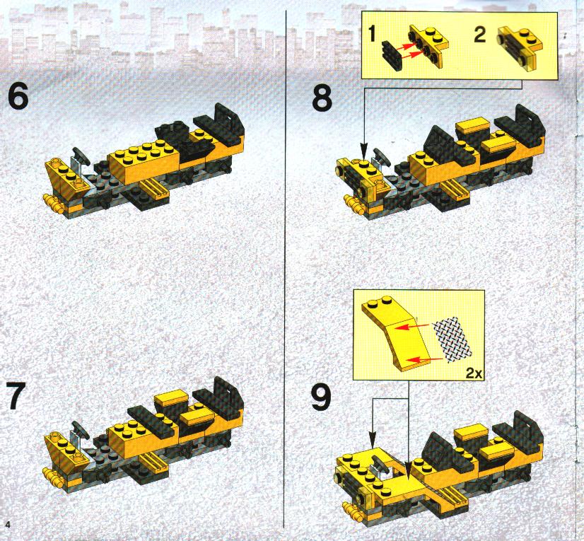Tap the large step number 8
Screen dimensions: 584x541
click(x=322, y=98)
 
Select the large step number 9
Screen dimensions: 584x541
click(x=321, y=397)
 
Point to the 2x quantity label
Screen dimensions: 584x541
click(x=474, y=373)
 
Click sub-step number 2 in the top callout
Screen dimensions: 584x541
click(x=479, y=35)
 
